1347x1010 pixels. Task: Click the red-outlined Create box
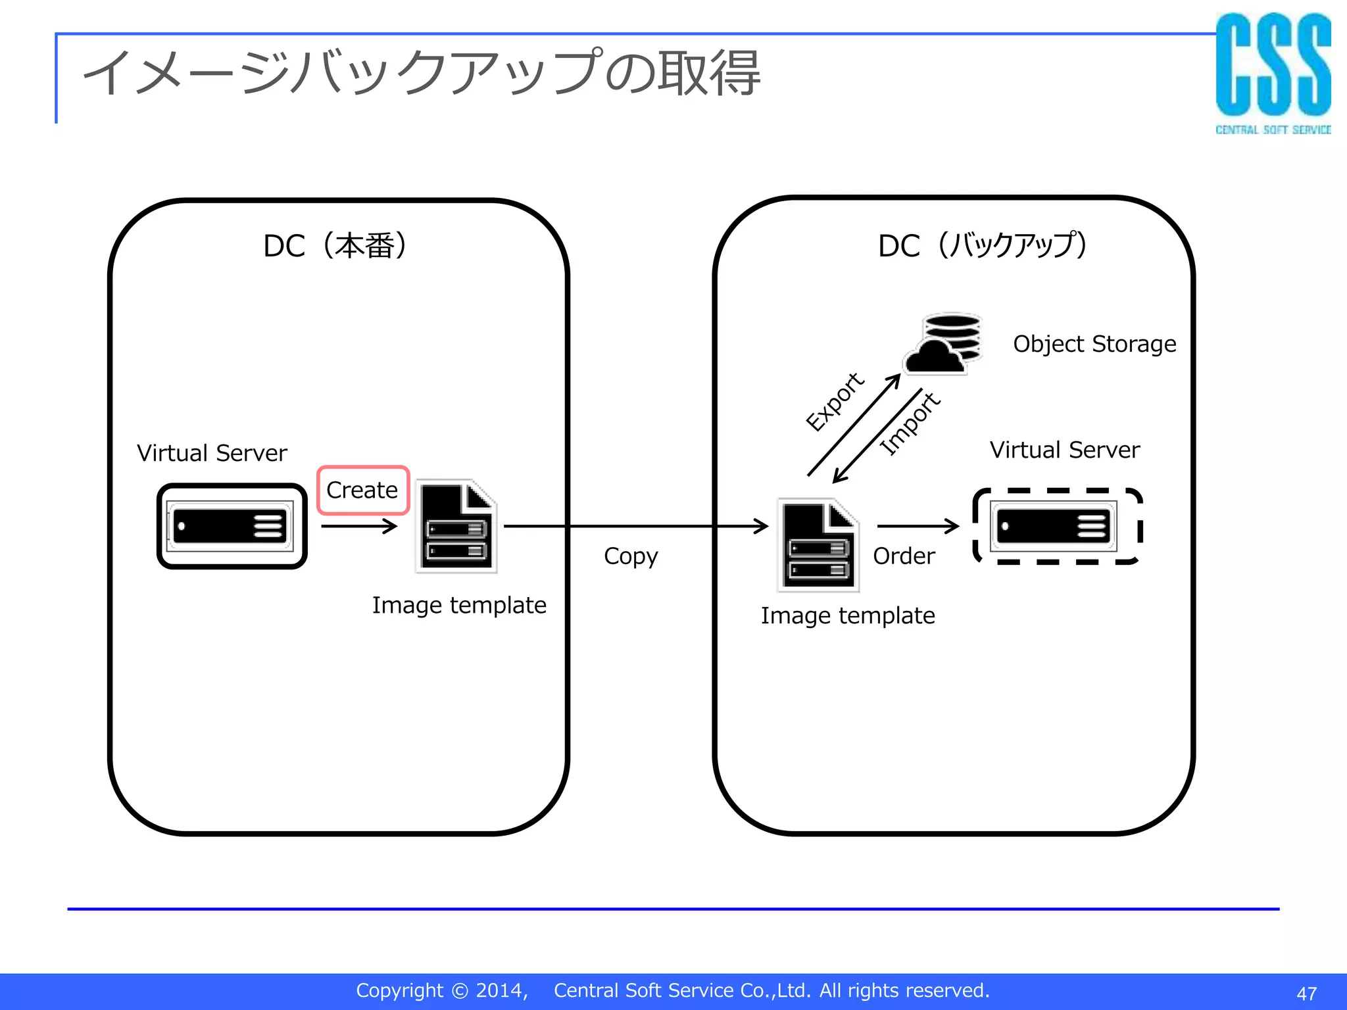pos(362,491)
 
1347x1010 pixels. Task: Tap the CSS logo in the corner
pos(1273,72)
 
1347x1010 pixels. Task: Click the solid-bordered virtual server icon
pos(232,526)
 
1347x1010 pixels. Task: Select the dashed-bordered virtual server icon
pos(1056,526)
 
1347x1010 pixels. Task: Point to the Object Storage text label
pos(1094,344)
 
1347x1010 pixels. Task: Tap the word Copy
pos(630,556)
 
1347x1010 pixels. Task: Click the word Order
pos(904,556)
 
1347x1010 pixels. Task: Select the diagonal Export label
pos(835,402)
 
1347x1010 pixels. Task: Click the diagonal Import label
pos(910,423)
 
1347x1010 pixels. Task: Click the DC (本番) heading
pos(335,246)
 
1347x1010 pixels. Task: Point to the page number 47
pos(1306,993)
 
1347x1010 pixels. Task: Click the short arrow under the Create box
pos(359,526)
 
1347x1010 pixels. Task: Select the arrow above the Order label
pos(918,526)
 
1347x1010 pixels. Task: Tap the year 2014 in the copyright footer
pos(500,990)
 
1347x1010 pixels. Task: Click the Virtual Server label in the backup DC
pos(1064,450)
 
